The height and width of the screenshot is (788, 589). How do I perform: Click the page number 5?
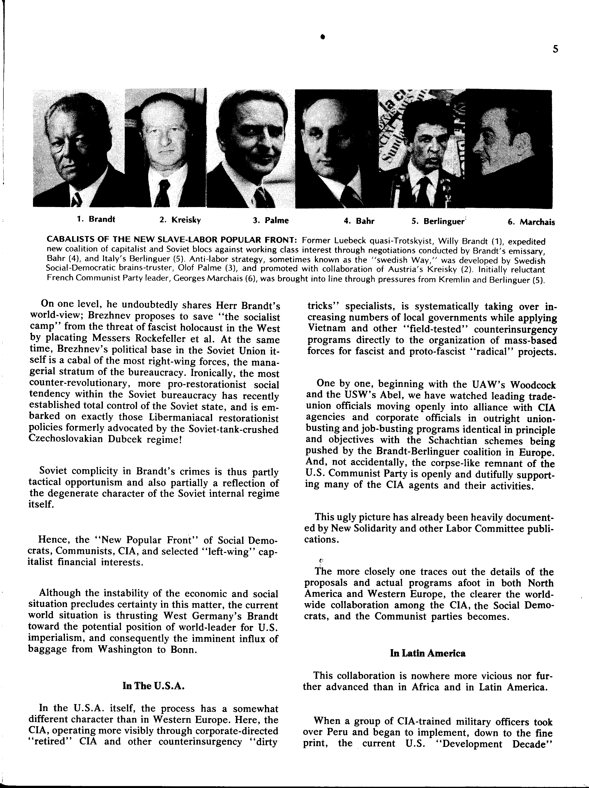pos(555,49)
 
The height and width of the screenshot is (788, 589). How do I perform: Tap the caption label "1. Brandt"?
pos(96,219)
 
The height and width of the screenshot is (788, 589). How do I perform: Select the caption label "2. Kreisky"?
pos(180,220)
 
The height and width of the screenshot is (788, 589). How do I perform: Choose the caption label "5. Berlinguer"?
pos(438,221)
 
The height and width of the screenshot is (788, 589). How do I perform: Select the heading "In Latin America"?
pos(428,653)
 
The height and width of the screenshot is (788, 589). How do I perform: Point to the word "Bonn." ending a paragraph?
pos(183,649)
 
